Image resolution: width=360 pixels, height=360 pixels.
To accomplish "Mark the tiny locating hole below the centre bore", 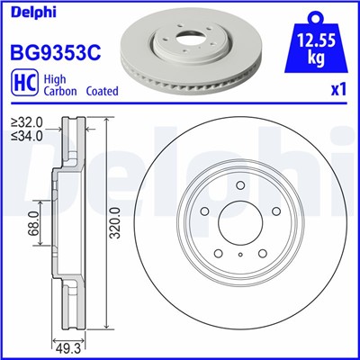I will point(242,255).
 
